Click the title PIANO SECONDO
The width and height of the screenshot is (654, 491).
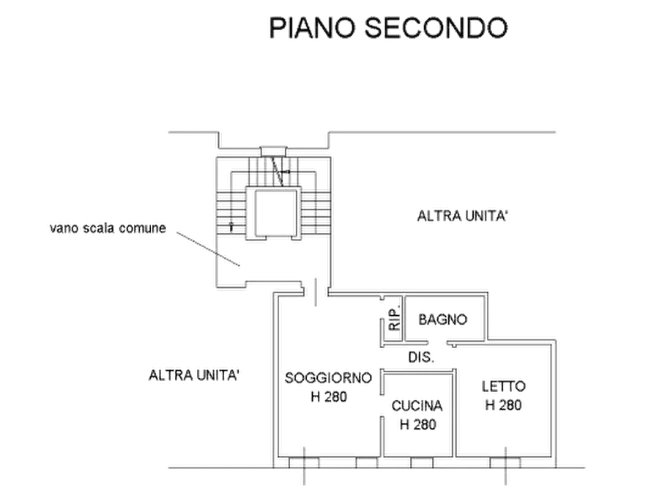(x=388, y=28)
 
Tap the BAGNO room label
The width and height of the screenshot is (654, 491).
(x=442, y=320)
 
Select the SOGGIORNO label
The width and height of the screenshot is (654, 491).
(x=328, y=377)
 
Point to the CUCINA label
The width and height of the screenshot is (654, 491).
(x=417, y=405)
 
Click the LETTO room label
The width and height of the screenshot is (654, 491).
(x=504, y=386)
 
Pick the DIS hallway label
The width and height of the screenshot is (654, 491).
(x=419, y=358)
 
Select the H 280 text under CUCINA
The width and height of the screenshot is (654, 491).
(x=417, y=424)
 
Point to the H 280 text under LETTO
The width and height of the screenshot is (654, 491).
(x=504, y=405)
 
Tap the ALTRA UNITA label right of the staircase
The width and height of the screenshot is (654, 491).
(x=461, y=217)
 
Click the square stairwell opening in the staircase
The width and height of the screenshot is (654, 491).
(x=270, y=213)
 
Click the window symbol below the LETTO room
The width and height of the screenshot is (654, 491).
(x=505, y=462)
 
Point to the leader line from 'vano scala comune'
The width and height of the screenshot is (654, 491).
(x=205, y=248)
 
